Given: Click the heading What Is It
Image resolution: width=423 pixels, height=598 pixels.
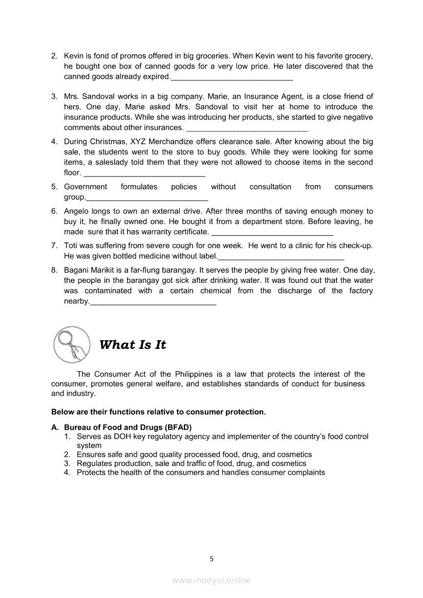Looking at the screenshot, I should (x=133, y=345).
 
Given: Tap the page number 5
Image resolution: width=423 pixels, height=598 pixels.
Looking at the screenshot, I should (x=211, y=559).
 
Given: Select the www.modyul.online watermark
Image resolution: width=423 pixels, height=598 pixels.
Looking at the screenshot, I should (x=211, y=580).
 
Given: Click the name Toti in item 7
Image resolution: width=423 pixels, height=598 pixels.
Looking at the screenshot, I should (x=72, y=246).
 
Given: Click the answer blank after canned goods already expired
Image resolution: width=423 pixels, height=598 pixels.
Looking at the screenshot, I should (x=231, y=77).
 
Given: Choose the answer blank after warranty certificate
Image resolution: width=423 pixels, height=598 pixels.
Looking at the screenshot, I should (x=272, y=232).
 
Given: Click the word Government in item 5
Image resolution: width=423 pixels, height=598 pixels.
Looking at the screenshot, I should (x=86, y=187).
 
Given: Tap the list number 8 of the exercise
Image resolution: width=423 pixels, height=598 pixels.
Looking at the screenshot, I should (x=54, y=270).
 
